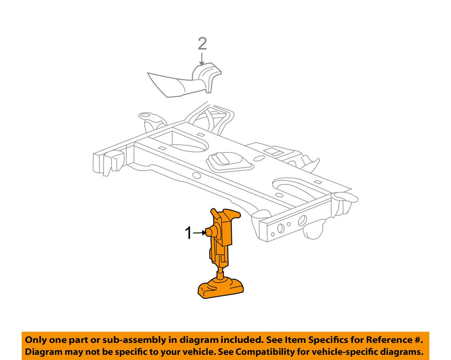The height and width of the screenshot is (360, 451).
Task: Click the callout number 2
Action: click(x=202, y=45)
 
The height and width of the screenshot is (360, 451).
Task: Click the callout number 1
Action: click(x=188, y=233)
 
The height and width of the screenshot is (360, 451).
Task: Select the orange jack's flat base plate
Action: click(x=221, y=288)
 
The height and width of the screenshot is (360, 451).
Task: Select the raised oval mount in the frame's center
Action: click(x=229, y=162)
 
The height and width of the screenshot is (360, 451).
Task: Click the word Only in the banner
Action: click(x=35, y=340)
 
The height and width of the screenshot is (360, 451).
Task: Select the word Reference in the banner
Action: click(x=387, y=340)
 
